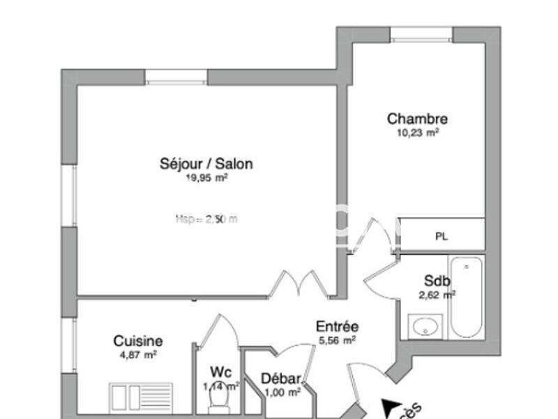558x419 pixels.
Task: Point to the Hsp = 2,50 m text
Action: click(206, 219)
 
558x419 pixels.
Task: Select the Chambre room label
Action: click(417, 119)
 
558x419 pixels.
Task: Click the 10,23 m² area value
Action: click(418, 132)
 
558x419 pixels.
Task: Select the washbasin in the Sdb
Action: click(425, 325)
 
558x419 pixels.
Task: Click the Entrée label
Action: click(337, 326)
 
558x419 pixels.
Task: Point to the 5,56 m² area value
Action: click(337, 340)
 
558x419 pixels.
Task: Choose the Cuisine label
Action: click(138, 341)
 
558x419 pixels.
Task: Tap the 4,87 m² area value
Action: click(138, 354)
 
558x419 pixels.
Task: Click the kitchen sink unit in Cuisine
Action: click(140, 397)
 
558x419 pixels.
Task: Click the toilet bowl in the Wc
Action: click(220, 401)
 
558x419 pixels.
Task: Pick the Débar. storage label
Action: click(281, 379)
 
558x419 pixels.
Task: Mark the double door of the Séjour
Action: click(298, 284)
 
